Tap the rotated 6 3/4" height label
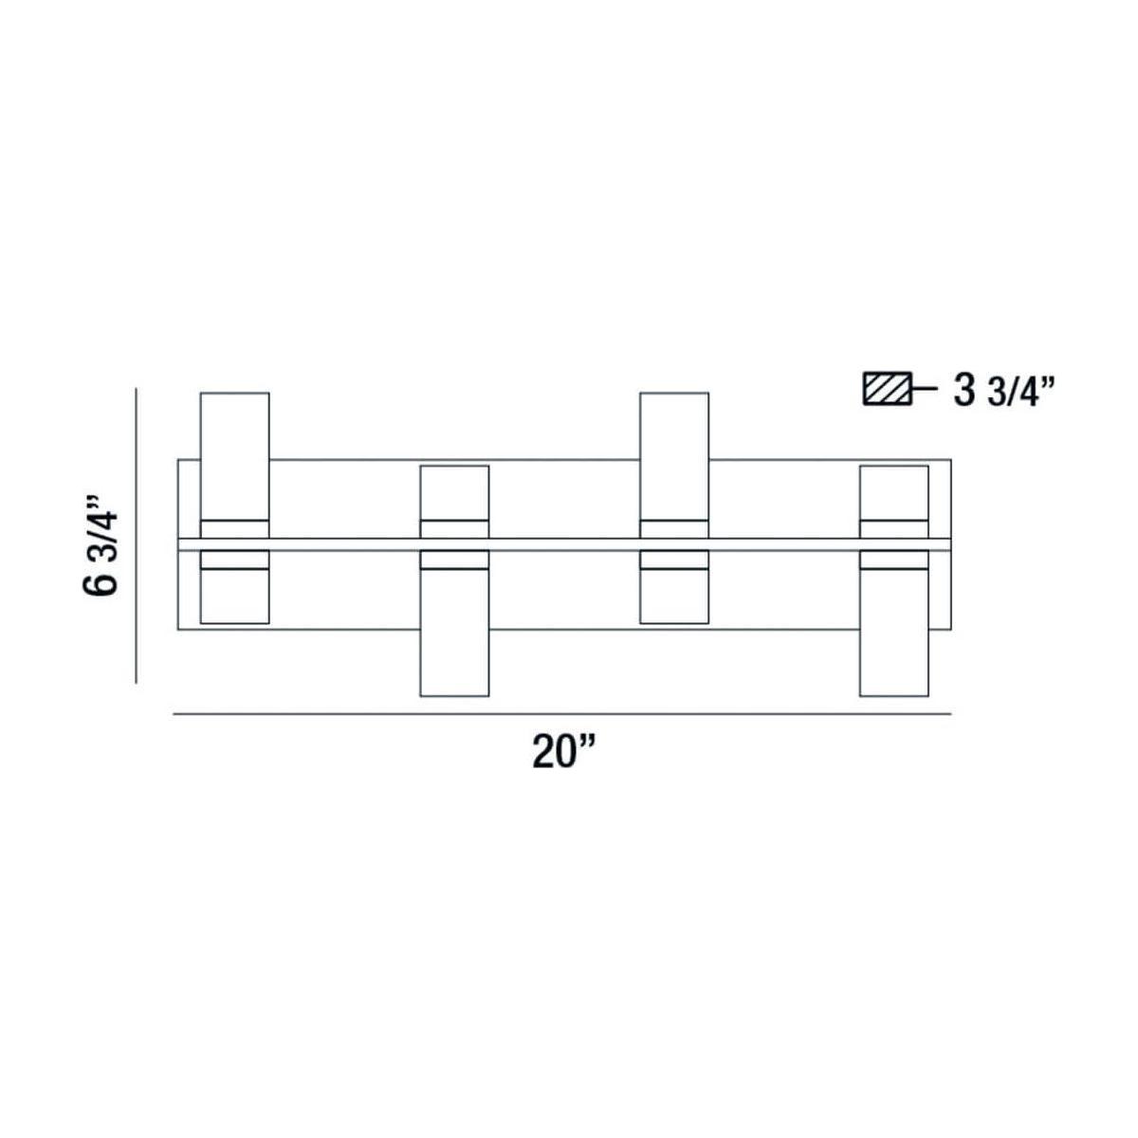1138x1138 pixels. [x=102, y=543]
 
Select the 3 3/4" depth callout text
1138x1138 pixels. [x=1004, y=391]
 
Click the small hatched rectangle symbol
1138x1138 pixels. [x=887, y=391]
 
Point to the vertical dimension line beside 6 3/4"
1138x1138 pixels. [x=138, y=535]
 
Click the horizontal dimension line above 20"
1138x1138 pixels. [x=561, y=713]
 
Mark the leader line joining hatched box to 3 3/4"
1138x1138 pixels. [x=924, y=391]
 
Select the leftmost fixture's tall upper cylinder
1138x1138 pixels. [x=234, y=455]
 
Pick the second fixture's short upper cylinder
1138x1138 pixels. [x=454, y=492]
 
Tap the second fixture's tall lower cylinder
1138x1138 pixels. [x=454, y=632]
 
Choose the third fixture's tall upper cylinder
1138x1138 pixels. [x=674, y=455]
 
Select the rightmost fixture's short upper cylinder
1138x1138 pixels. [x=893, y=492]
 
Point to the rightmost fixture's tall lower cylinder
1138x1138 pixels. [x=893, y=632]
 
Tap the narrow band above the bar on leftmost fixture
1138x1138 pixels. [x=234, y=529]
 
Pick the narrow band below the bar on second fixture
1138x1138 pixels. [x=454, y=560]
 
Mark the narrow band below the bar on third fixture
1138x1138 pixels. [x=674, y=560]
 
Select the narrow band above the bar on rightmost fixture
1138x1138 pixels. [x=893, y=529]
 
